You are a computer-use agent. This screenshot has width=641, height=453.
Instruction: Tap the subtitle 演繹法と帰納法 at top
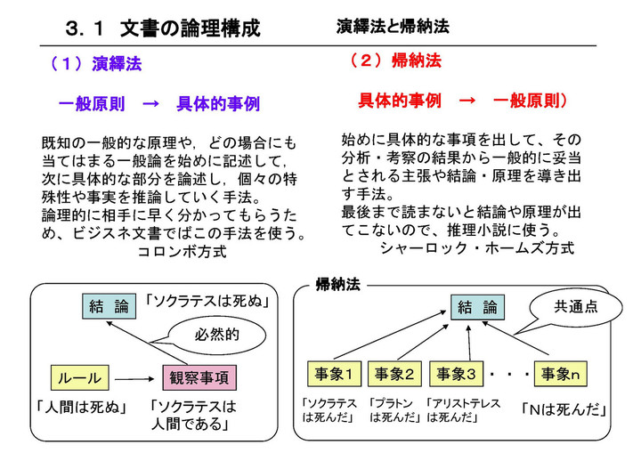[393, 27]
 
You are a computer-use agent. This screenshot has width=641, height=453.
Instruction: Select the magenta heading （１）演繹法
[95, 64]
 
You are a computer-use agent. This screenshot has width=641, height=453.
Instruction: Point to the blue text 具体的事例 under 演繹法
[218, 104]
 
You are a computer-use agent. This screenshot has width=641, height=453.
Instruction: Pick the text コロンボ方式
[182, 252]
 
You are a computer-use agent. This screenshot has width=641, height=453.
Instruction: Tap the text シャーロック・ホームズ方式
[476, 247]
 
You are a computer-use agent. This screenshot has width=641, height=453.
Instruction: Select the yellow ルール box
[80, 377]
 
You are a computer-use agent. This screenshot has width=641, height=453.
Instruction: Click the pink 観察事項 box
[199, 377]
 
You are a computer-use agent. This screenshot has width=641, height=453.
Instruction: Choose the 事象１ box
[332, 373]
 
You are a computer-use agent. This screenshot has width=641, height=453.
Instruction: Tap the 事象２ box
[394, 373]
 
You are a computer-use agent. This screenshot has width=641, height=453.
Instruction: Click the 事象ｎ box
[562, 373]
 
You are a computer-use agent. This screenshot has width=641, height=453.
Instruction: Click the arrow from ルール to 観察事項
[137, 377]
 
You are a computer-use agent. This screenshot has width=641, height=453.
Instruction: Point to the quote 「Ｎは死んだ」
[564, 410]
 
